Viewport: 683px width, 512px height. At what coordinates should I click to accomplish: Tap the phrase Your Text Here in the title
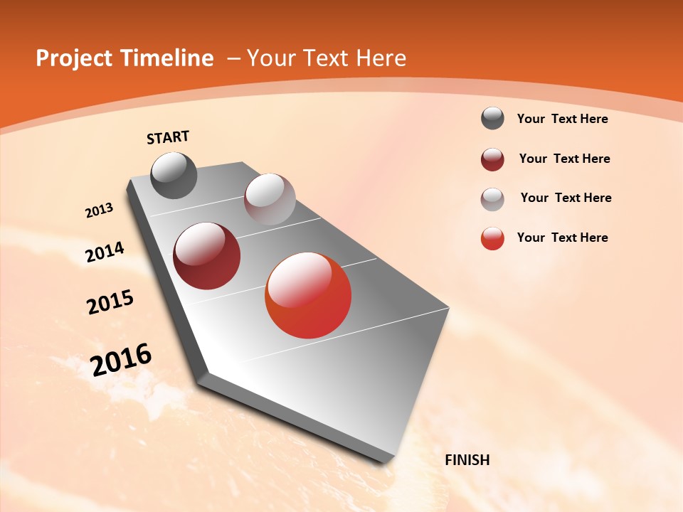(326, 58)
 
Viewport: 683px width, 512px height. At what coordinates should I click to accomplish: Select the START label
(168, 137)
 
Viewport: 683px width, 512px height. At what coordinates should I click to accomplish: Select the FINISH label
(467, 460)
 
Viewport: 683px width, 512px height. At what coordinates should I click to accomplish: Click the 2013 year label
(99, 210)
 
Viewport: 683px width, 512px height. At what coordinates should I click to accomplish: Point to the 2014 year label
(105, 252)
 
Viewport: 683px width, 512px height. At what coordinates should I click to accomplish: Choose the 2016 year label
(121, 360)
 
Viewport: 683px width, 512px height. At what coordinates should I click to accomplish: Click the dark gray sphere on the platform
(174, 175)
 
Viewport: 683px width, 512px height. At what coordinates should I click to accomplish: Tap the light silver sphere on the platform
(270, 199)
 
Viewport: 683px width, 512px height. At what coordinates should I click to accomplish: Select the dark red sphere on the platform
(207, 256)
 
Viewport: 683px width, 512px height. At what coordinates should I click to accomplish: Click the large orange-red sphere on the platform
(308, 295)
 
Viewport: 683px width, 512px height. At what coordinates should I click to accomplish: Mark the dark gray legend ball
(492, 119)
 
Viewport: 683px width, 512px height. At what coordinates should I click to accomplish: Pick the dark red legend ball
(492, 159)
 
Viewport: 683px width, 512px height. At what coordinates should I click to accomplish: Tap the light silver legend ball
(492, 198)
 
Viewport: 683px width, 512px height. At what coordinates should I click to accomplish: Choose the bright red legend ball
(492, 238)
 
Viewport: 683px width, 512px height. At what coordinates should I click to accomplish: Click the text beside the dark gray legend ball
(562, 119)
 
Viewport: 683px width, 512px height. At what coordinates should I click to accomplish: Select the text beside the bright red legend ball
(562, 238)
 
